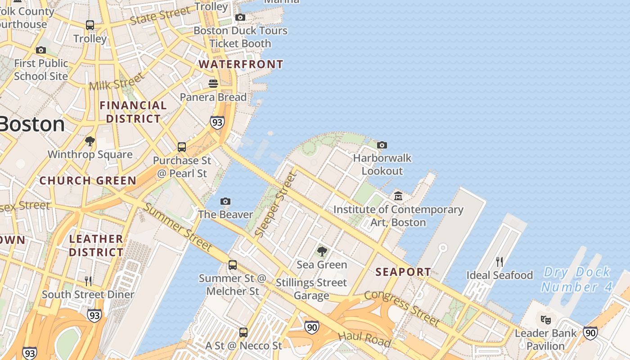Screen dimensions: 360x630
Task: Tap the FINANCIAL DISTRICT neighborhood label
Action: click(133, 112)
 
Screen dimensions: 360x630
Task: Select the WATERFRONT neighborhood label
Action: click(241, 64)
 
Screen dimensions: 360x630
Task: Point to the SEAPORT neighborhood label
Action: click(403, 272)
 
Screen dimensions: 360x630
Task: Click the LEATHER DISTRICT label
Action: click(96, 245)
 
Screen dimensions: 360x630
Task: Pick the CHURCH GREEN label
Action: click(88, 181)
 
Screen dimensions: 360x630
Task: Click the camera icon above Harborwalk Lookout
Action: click(382, 145)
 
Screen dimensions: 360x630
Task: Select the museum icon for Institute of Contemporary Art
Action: click(398, 196)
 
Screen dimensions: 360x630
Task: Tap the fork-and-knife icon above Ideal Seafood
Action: click(499, 261)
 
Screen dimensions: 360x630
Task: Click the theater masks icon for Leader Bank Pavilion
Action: click(546, 320)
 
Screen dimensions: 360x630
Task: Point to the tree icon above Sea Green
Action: click(322, 251)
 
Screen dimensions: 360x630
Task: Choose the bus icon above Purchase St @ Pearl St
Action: click(182, 147)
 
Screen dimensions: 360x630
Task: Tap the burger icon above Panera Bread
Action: click(213, 84)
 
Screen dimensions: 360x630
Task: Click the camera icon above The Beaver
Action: click(225, 201)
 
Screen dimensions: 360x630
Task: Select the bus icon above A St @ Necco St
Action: click(243, 333)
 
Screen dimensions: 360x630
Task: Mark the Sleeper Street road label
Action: click(276, 205)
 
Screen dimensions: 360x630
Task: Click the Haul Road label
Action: click(364, 339)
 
